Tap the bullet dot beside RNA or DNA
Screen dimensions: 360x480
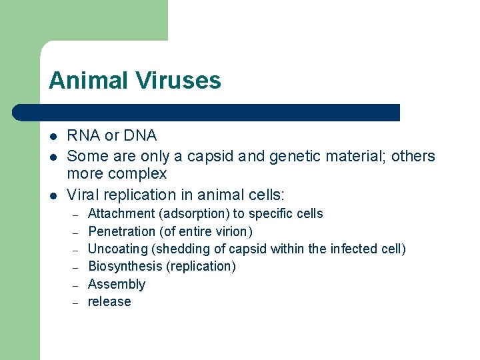click(53, 137)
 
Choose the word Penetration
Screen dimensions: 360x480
click(121, 231)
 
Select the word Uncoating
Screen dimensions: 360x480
click(118, 249)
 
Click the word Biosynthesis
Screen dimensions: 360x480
click(125, 267)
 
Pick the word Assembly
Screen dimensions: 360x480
click(117, 285)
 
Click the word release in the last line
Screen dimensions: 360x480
click(109, 302)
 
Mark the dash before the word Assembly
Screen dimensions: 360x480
click(76, 285)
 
